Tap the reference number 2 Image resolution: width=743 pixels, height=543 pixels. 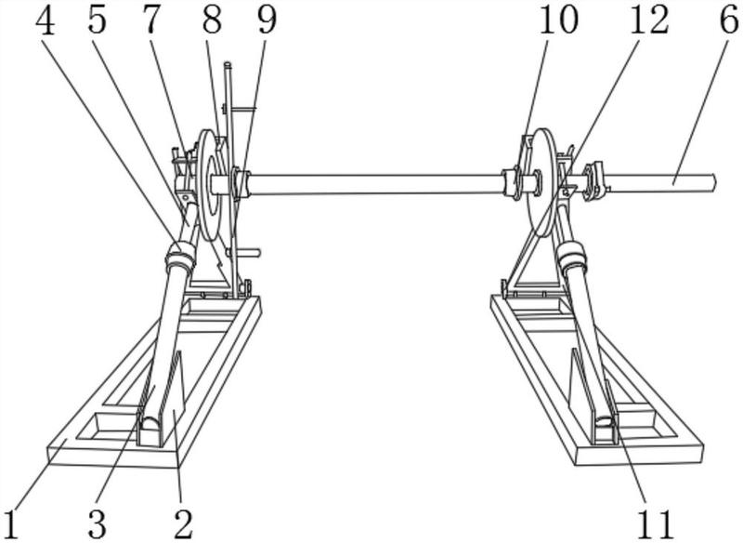pos(183,524)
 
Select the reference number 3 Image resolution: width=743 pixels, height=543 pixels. pos(98,524)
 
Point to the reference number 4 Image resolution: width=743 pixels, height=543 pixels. pos(45,20)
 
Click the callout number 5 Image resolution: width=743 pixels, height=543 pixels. pos(98,20)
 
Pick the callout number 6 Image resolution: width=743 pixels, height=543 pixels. pos(728,20)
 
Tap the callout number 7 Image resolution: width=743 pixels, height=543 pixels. pos(150,20)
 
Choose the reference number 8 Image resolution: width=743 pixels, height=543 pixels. pos(212,20)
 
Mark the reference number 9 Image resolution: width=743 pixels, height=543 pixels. pos(267,20)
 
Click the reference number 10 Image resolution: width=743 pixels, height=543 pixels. pos(559,20)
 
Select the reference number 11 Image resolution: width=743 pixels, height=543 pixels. pos(654,524)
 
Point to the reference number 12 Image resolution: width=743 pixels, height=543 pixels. pos(648,20)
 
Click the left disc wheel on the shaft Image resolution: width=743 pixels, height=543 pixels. pos(210,184)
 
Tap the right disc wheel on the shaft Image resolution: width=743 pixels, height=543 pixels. pos(541,182)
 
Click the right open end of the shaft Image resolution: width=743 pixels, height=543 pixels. pos(713,182)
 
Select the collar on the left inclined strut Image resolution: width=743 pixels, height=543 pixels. pos(180,258)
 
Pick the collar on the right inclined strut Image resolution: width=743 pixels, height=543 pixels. pos(572,256)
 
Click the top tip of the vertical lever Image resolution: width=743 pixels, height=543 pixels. pos(227,63)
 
